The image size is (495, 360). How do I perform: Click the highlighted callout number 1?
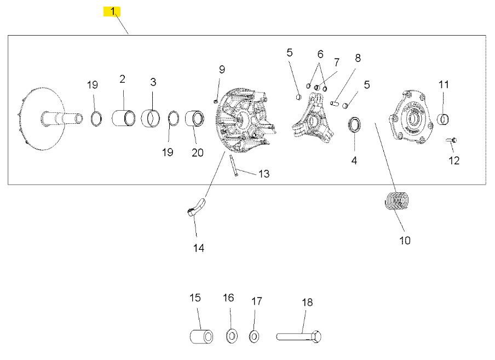(x=112, y=12)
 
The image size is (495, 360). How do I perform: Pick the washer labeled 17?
(x=254, y=335)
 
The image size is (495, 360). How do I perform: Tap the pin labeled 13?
(x=233, y=166)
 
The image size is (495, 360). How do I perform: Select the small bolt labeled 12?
(x=452, y=141)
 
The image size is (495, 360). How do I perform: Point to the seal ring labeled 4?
(x=354, y=124)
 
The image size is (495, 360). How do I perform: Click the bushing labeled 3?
(x=151, y=118)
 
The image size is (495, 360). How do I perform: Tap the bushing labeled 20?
(x=194, y=119)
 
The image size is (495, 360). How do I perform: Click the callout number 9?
(x=222, y=70)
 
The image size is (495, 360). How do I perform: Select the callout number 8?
(x=358, y=58)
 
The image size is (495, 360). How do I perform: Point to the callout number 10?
(x=405, y=240)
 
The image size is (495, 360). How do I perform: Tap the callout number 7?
(x=337, y=62)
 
